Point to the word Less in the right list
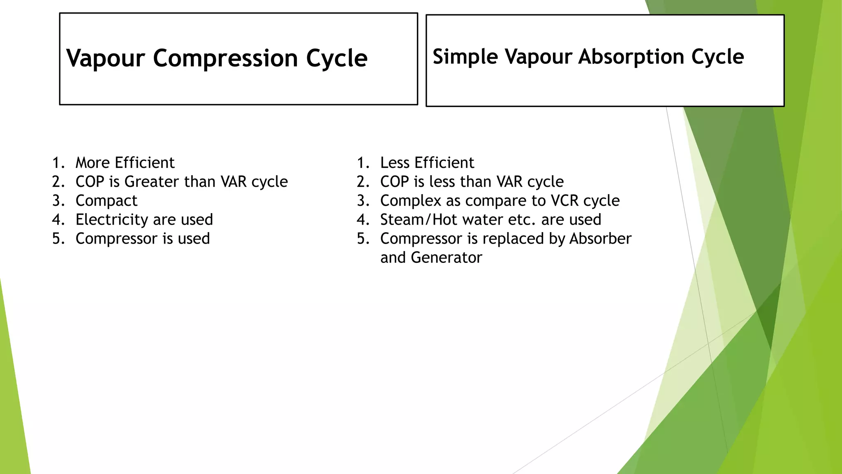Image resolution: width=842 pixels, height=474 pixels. click(x=395, y=163)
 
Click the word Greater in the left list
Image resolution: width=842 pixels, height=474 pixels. click(x=152, y=182)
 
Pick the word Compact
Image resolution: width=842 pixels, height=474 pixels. click(x=106, y=201)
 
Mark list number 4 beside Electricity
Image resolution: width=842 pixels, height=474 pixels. click(x=58, y=220)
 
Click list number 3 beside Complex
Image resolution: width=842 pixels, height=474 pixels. click(x=363, y=201)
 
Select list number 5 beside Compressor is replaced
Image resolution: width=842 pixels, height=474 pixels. click(x=363, y=239)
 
